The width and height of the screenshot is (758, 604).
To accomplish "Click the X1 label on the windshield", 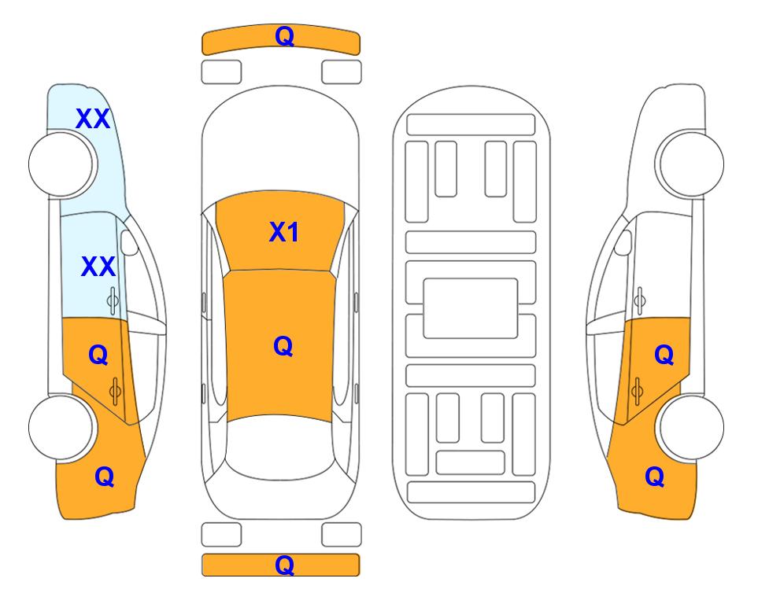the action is [284, 232].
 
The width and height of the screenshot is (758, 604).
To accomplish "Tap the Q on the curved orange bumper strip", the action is [284, 36].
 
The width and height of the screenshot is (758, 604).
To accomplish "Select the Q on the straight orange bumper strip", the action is [284, 565].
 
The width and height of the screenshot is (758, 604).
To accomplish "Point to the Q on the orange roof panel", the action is [283, 346].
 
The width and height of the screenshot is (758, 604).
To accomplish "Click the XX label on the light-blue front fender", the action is [94, 119].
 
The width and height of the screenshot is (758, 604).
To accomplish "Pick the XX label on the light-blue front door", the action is [98, 267].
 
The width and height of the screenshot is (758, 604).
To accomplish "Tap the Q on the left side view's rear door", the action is [98, 355].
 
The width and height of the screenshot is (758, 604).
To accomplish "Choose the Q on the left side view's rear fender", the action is [105, 477].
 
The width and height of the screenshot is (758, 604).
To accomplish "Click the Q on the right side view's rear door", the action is [664, 355].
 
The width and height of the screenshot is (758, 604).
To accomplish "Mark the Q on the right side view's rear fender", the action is [655, 477].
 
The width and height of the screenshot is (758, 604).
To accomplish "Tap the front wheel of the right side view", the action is [691, 164].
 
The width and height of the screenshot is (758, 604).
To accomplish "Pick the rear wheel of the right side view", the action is [691, 427].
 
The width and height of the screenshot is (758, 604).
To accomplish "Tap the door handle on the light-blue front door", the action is [113, 300].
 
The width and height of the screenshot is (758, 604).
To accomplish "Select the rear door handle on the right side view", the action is [637, 391].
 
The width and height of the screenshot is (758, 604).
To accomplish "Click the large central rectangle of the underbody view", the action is [471, 308].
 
